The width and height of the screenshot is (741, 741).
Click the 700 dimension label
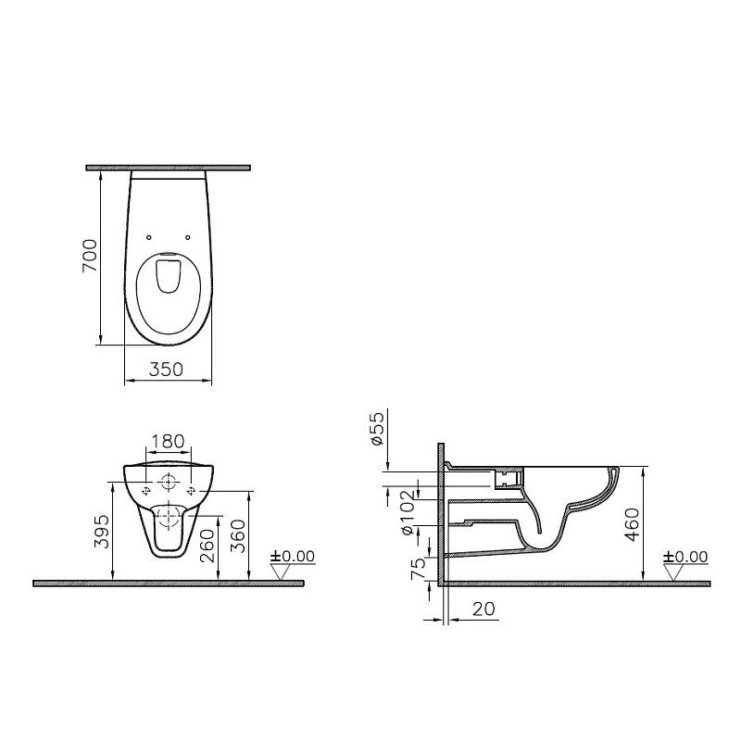click(89, 256)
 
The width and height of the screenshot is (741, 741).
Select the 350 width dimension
click(166, 369)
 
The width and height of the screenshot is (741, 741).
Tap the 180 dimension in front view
click(168, 442)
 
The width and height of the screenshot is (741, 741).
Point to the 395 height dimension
click(101, 531)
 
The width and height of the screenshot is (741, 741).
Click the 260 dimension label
click(207, 546)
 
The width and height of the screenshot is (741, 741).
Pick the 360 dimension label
click(238, 536)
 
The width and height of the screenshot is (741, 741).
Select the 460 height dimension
click(632, 524)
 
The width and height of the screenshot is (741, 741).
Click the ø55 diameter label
click(377, 429)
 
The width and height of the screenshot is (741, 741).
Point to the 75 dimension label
click(419, 569)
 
